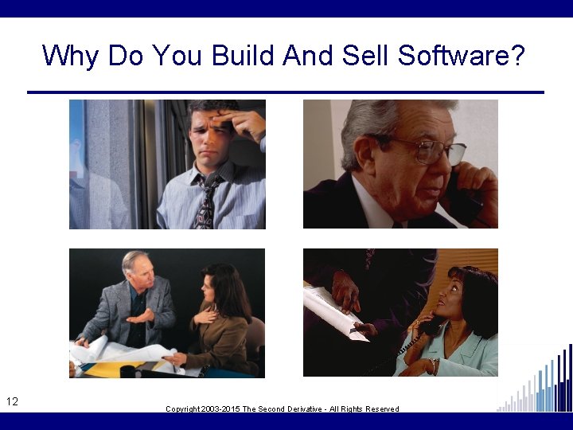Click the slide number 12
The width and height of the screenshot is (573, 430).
tap(12, 401)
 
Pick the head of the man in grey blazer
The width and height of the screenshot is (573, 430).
tap(137, 271)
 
